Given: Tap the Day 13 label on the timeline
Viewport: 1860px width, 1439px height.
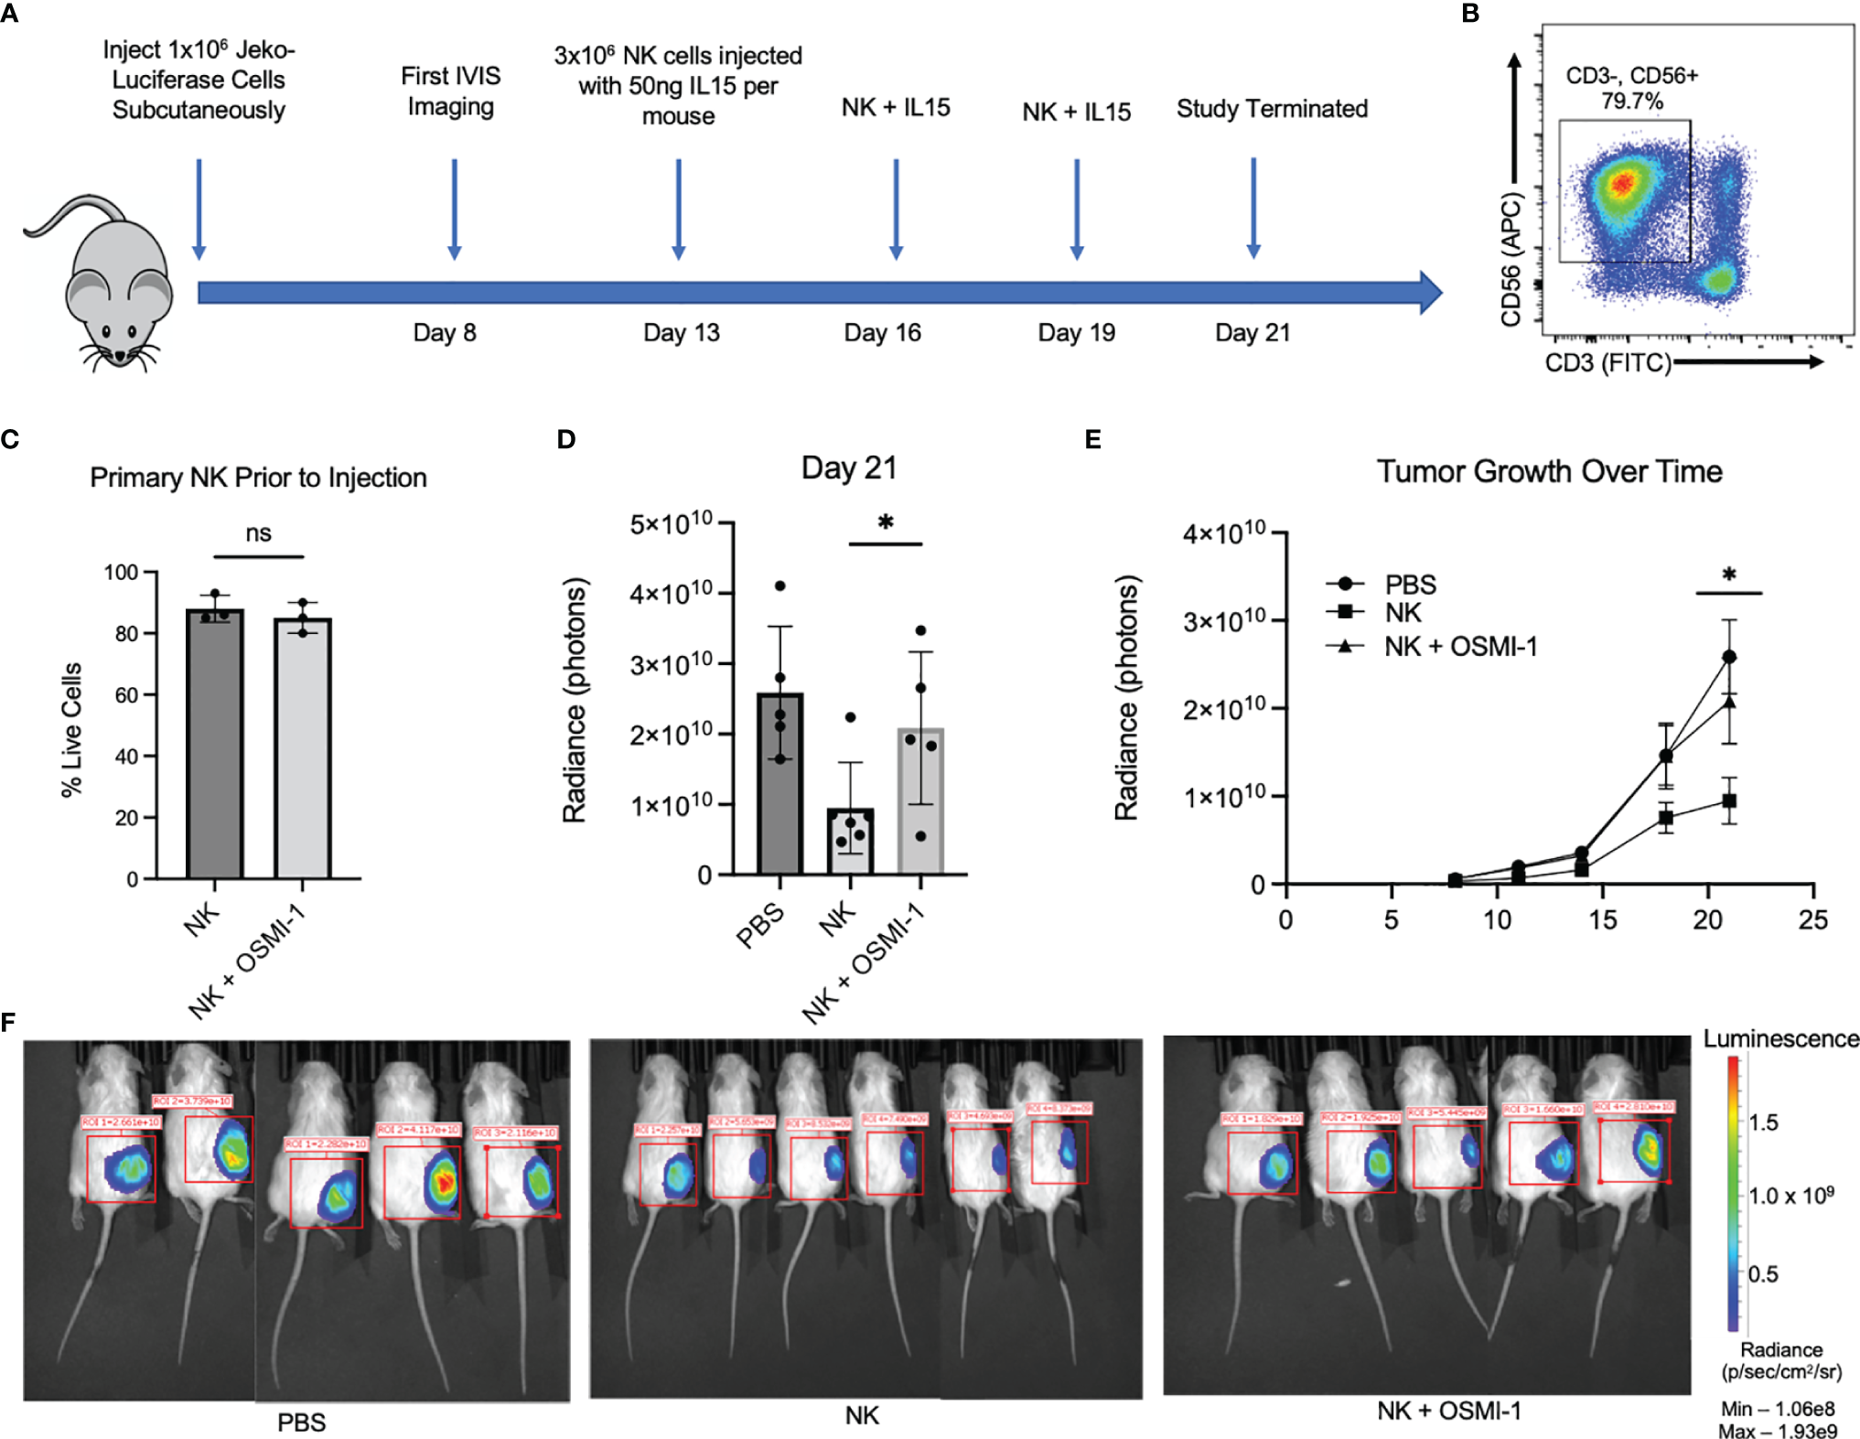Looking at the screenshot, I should click(x=681, y=332).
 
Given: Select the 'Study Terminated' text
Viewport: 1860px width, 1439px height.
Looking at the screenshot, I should click(x=1272, y=109).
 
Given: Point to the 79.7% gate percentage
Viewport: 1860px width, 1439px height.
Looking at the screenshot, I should click(x=1631, y=101).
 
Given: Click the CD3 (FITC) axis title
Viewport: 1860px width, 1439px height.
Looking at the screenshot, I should click(x=1607, y=363).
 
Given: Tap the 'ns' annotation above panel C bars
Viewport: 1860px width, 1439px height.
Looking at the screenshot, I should click(x=258, y=533).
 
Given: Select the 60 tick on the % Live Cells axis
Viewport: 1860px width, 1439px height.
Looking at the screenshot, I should click(x=126, y=695).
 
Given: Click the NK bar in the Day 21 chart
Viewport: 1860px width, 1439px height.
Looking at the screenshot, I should click(x=850, y=841).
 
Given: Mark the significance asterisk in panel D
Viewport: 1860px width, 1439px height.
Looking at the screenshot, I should click(x=885, y=524).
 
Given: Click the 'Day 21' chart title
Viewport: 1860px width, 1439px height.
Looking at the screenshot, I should click(x=848, y=467).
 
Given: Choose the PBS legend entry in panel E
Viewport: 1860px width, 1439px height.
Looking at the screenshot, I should click(x=1409, y=585).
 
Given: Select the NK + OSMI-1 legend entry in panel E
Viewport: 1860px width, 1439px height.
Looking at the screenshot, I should click(x=1459, y=647).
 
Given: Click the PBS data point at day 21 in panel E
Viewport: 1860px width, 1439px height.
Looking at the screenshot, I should click(x=1728, y=657).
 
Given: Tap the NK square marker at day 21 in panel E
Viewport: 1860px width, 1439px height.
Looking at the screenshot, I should click(x=1728, y=800).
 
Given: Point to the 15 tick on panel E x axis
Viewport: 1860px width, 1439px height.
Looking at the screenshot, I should click(x=1602, y=919).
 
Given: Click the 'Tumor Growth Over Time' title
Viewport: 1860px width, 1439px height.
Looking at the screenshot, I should click(x=1549, y=471).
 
